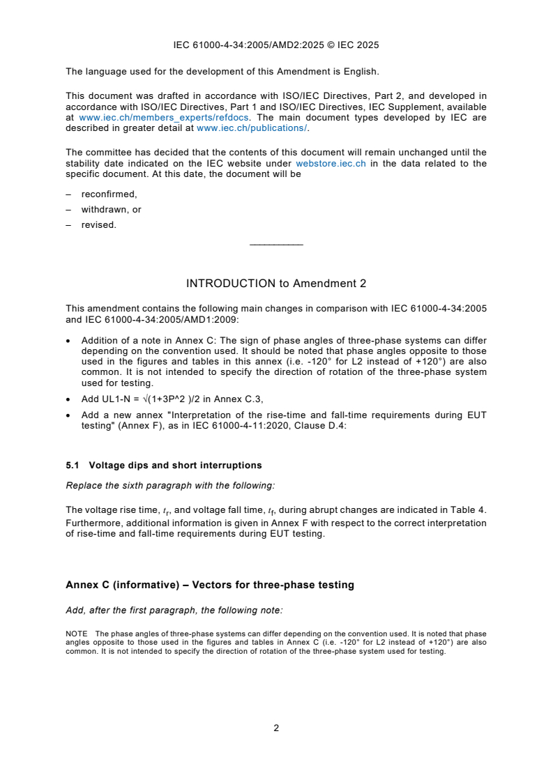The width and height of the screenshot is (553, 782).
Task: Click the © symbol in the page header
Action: (330, 45)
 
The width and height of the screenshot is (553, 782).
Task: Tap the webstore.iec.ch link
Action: (331, 163)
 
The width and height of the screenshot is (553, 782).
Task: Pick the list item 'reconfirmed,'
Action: (109, 194)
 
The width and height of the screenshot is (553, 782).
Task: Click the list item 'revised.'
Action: (99, 224)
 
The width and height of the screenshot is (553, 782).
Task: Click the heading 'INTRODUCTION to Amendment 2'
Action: (276, 284)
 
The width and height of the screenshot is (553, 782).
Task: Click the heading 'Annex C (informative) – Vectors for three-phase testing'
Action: (209, 585)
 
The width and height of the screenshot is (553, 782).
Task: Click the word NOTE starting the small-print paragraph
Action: (77, 634)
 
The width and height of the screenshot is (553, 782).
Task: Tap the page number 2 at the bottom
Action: (276, 728)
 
